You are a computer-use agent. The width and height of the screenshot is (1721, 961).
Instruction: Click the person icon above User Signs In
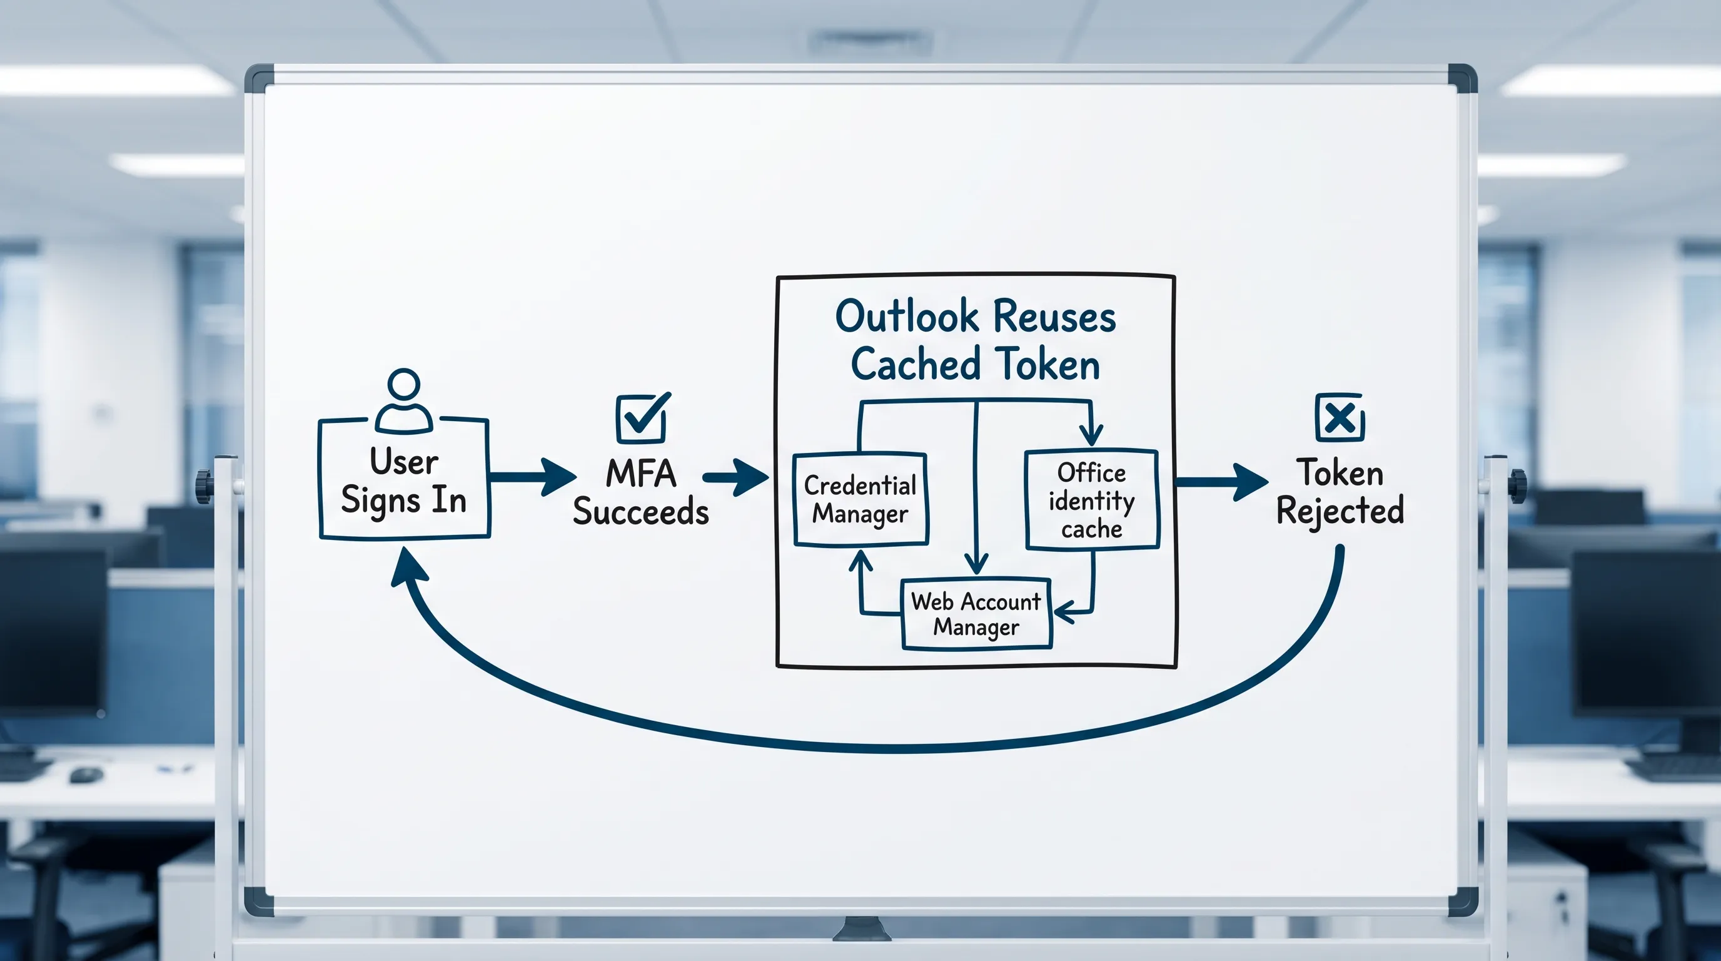403,402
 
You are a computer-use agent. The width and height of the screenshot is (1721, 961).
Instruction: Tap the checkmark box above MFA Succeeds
642,419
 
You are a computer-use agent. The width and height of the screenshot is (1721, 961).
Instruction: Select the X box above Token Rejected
1340,419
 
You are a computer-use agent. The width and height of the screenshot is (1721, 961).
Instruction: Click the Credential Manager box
860,500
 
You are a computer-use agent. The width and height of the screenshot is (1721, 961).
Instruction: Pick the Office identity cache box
1092,500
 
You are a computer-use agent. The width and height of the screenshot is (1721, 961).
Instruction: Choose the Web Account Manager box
976,614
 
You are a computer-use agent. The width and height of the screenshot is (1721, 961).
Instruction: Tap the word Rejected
1340,511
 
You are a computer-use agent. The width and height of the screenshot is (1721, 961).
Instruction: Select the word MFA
641,474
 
